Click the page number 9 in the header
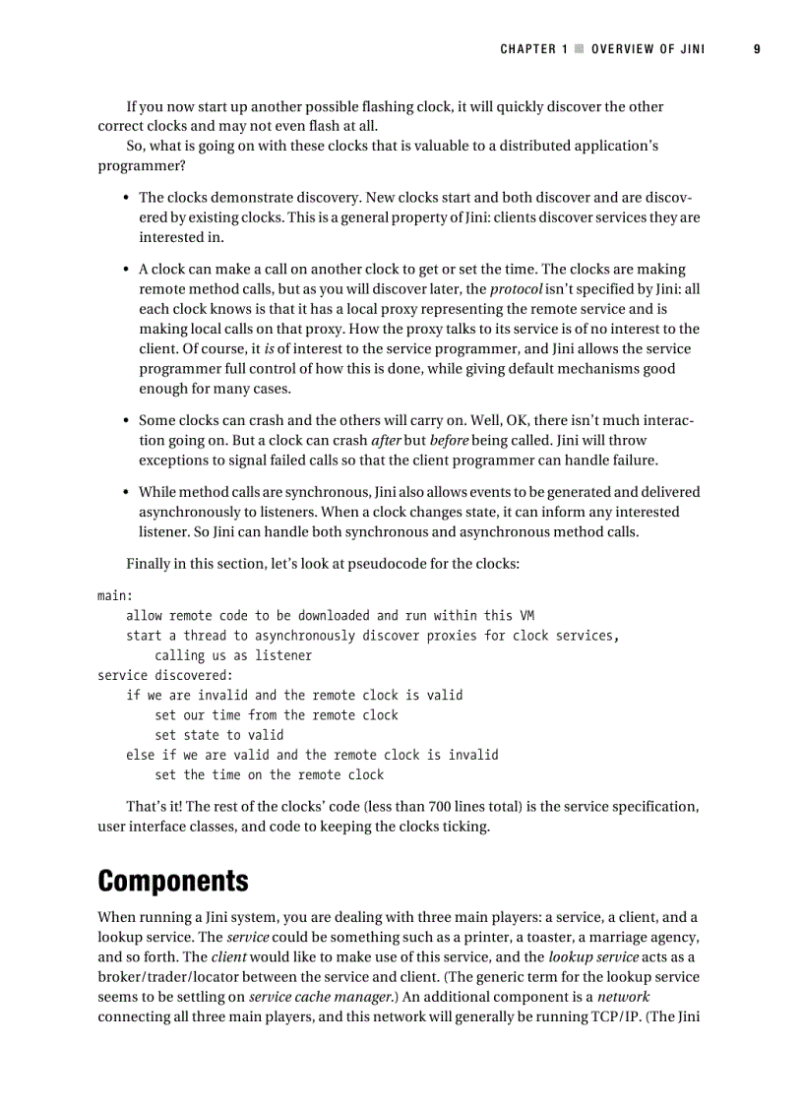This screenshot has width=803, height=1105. click(x=757, y=48)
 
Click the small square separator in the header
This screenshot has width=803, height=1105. click(x=580, y=48)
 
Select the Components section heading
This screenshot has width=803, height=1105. click(x=172, y=880)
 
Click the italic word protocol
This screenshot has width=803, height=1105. click(x=517, y=289)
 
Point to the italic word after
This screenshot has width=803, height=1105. click(x=386, y=441)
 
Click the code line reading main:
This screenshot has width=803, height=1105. click(x=115, y=596)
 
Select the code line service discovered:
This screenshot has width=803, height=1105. click(x=165, y=675)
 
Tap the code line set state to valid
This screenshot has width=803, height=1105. click(x=218, y=735)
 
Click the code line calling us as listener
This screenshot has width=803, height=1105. click(x=233, y=655)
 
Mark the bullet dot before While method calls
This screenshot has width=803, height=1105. click(x=127, y=492)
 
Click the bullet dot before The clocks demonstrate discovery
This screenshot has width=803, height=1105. click(x=127, y=198)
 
